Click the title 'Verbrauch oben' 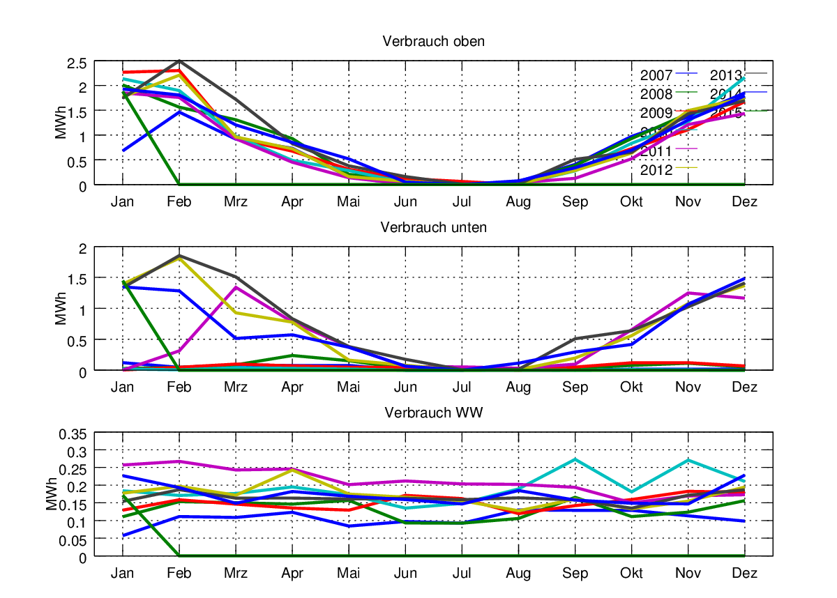pyautogui.click(x=433, y=42)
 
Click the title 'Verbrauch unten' pyautogui.click(x=433, y=227)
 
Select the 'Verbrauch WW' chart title pyautogui.click(x=433, y=413)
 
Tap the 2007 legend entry pyautogui.click(x=656, y=75)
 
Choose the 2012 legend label pyautogui.click(x=656, y=170)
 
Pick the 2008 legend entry pyautogui.click(x=656, y=94)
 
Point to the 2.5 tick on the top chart pyautogui.click(x=77, y=63)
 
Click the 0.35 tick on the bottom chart pyautogui.click(x=72, y=434)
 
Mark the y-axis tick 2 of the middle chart pyautogui.click(x=82, y=249)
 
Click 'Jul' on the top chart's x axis pyautogui.click(x=462, y=202)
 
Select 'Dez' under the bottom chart pyautogui.click(x=745, y=573)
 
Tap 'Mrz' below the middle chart pyautogui.click(x=236, y=388)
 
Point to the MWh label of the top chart pyautogui.click(x=61, y=123)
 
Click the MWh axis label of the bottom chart pyautogui.click(x=51, y=495)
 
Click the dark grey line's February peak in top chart pyautogui.click(x=179, y=61)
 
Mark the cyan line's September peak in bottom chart pyautogui.click(x=575, y=459)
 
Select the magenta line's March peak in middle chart pyautogui.click(x=236, y=287)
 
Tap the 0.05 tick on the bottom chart pyautogui.click(x=72, y=539)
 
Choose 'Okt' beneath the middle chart pyautogui.click(x=632, y=388)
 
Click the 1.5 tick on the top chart pyautogui.click(x=77, y=112)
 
